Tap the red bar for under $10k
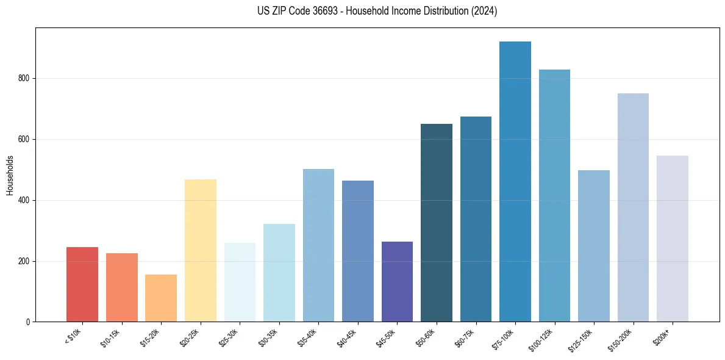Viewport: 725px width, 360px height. click(x=82, y=284)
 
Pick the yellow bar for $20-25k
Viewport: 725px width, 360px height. click(x=201, y=250)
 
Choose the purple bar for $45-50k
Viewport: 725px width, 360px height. click(x=397, y=281)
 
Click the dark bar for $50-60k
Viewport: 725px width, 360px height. click(x=437, y=223)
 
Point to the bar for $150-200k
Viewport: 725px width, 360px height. click(x=633, y=207)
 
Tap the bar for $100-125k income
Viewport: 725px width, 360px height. click(x=554, y=195)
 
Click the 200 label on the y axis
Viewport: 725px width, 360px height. click(x=25, y=261)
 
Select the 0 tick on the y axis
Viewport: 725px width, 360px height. click(x=29, y=322)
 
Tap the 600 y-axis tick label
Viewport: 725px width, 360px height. click(x=25, y=140)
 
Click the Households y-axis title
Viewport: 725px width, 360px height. click(x=10, y=175)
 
